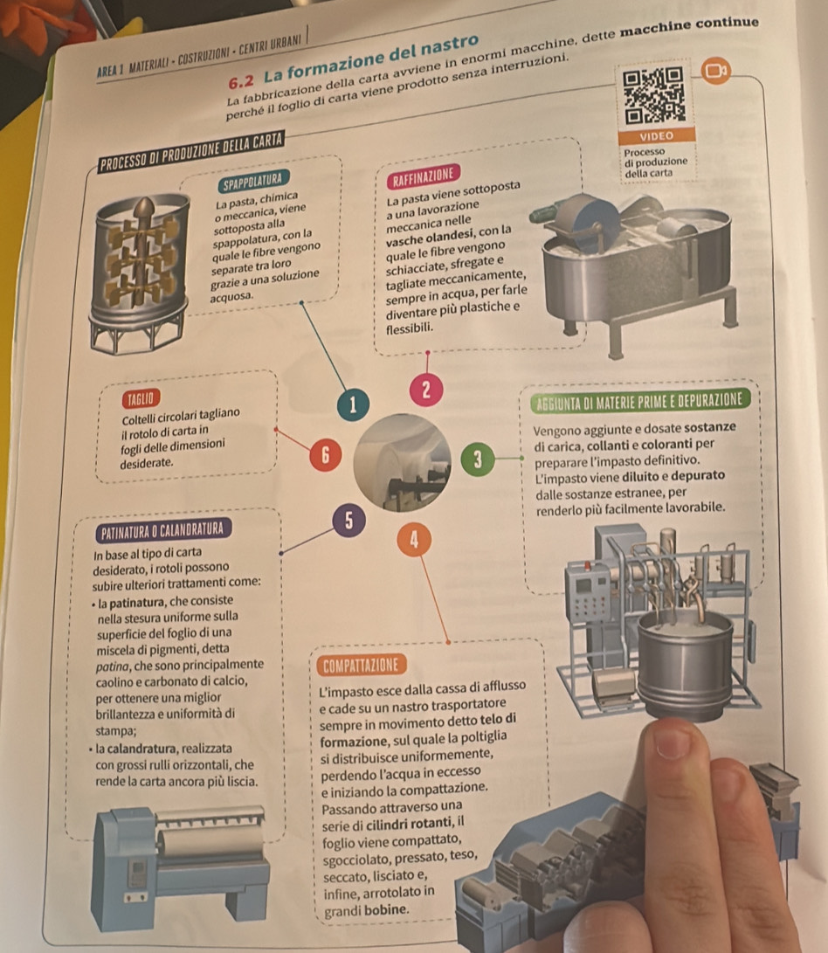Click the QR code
(654, 96)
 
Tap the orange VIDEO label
(657, 135)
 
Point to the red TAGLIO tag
(141, 398)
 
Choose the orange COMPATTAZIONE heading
(361, 665)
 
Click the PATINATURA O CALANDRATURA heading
(163, 529)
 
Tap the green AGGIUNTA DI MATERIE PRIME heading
(639, 401)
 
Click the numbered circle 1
(353, 404)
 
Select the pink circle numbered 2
(426, 390)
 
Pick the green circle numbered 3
(478, 459)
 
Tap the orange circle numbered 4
(415, 539)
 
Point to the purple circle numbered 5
(349, 521)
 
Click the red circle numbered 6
(325, 455)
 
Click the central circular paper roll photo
(403, 463)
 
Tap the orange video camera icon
(716, 71)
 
